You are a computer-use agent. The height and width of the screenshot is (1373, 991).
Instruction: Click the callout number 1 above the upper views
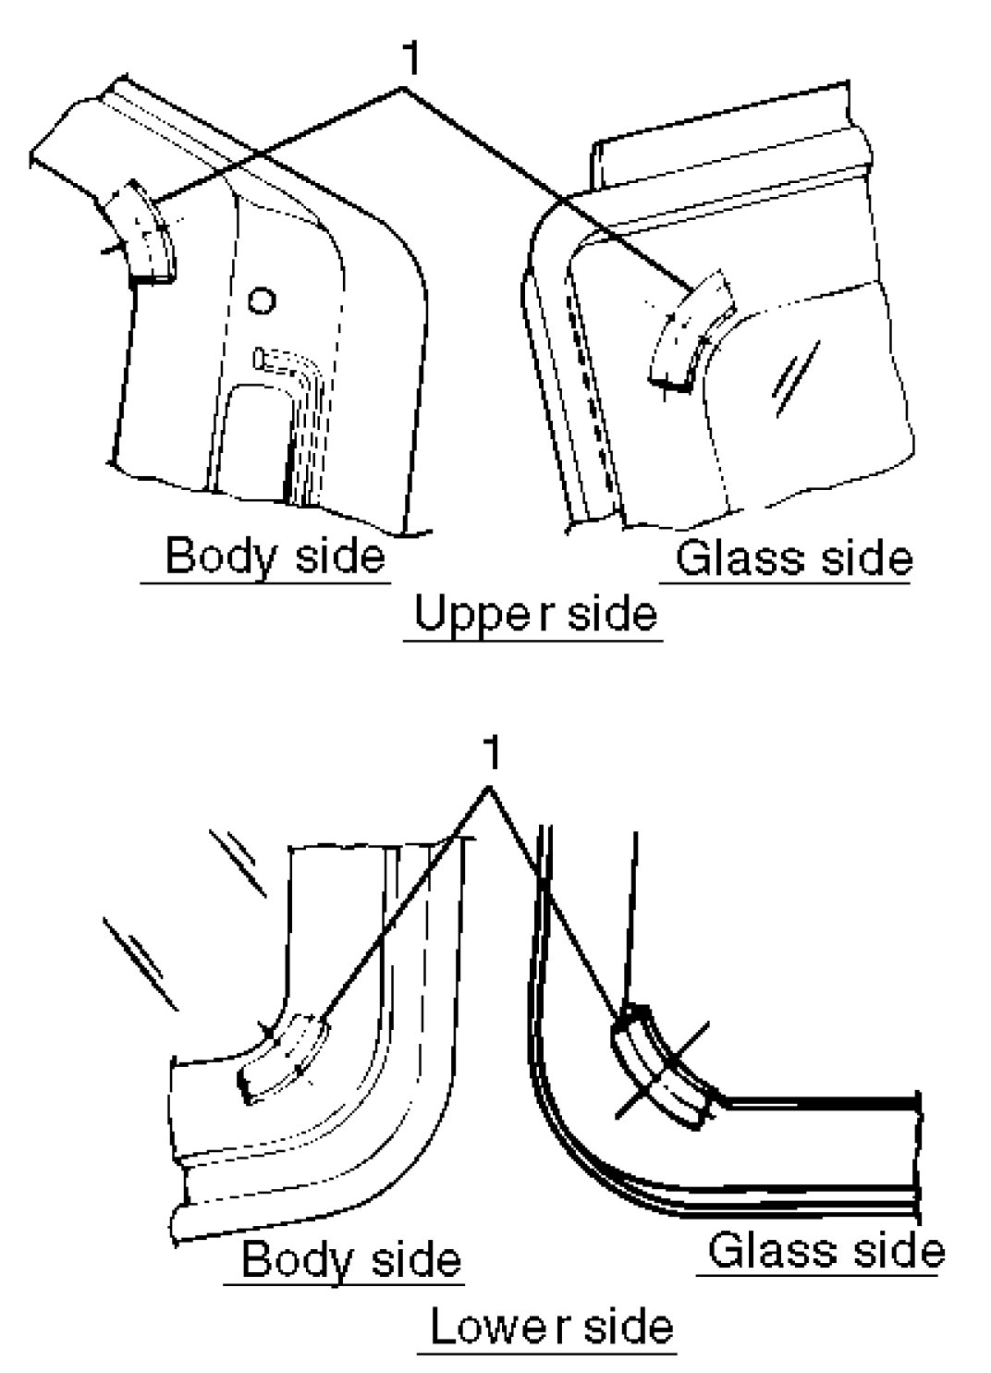(x=410, y=58)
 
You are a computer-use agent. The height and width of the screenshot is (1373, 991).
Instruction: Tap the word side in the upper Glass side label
(x=865, y=558)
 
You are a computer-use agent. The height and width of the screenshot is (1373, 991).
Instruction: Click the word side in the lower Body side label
(x=413, y=1260)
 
